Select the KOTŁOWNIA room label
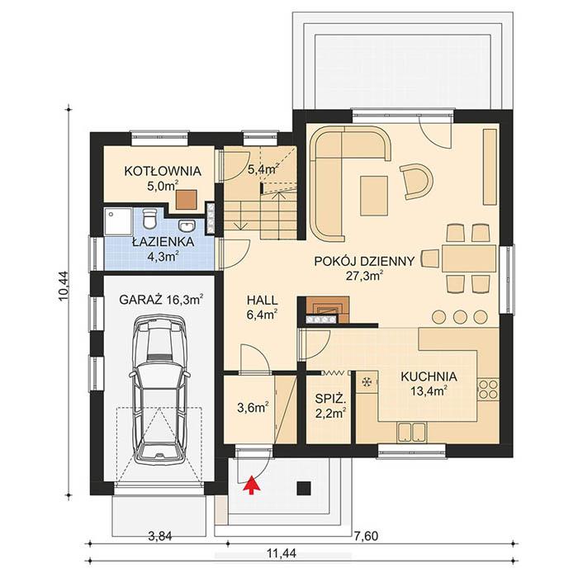163,172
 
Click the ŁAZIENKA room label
163,243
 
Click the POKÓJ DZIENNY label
364,261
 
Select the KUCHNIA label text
429,377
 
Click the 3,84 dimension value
159,537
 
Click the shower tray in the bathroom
116,220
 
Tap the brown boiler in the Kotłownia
187,198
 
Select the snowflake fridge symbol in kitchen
365,382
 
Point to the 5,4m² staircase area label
263,168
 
